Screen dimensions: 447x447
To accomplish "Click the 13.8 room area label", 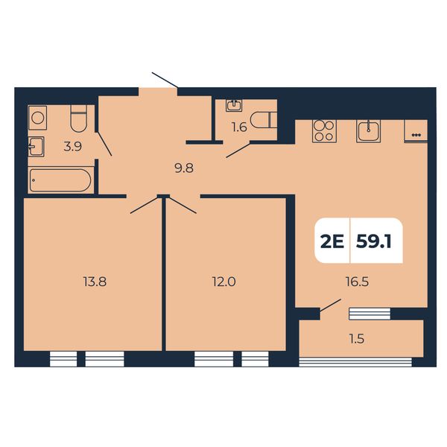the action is click(95, 282).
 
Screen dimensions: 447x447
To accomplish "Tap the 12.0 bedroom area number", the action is click(224, 282).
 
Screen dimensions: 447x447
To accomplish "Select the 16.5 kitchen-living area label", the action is click(357, 282).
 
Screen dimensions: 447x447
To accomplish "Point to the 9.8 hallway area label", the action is click(184, 168).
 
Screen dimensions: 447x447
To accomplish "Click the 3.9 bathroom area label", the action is click(73, 147).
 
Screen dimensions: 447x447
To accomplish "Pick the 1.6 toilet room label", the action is click(239, 127).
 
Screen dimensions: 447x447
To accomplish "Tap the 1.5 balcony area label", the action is click(357, 339).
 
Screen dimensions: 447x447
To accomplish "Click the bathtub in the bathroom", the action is click(60, 180).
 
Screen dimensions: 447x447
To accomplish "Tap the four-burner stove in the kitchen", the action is click(324, 131).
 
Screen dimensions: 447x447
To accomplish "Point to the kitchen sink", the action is click(368, 131).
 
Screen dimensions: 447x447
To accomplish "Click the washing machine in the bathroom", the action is click(38, 118).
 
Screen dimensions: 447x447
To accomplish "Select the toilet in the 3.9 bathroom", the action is click(78, 119).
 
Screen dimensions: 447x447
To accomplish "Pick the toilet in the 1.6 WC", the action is click(264, 120).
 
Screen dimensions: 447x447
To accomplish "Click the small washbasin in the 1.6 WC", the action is click(235, 105).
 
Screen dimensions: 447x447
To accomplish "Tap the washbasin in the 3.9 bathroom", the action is click(37, 147).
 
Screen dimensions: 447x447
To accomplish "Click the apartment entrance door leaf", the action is click(165, 80).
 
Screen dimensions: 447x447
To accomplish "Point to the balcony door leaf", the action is click(330, 305).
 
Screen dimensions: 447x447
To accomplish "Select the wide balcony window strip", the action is click(355, 362).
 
